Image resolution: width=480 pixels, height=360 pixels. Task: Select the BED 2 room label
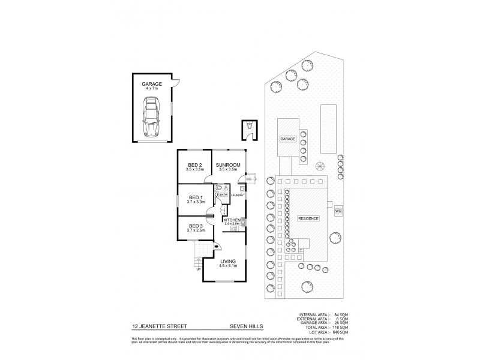[x=194, y=167]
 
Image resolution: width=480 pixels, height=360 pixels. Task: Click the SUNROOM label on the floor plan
[x=228, y=167]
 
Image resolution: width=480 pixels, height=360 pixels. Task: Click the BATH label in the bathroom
[x=223, y=195]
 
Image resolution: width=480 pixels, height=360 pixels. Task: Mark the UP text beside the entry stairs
[x=197, y=268]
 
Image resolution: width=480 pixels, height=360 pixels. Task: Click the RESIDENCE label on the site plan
[x=308, y=218]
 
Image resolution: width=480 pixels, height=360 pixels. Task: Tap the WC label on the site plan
[x=338, y=211]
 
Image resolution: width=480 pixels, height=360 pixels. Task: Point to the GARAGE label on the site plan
[x=287, y=139]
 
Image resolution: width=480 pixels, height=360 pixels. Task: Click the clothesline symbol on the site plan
[x=320, y=167]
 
